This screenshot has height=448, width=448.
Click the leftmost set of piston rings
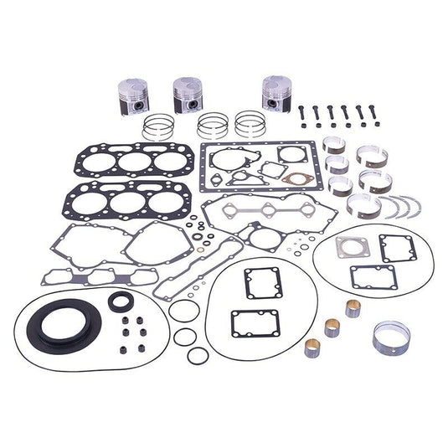pos(157,127)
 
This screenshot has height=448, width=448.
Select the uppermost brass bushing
pos(352,307)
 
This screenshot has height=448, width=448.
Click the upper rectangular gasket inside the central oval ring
pos(262,282)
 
